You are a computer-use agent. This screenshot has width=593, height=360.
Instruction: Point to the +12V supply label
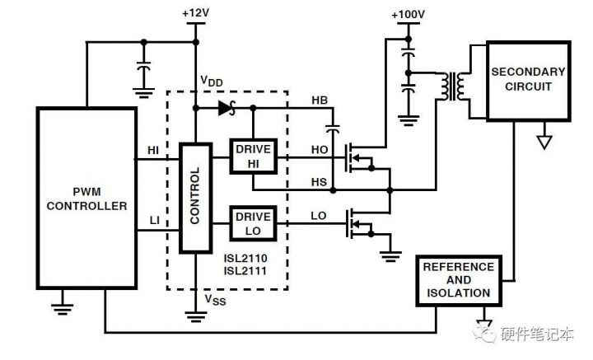click(x=194, y=14)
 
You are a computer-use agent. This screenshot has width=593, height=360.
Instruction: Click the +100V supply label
click(x=409, y=14)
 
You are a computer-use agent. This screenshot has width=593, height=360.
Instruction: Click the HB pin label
click(x=319, y=101)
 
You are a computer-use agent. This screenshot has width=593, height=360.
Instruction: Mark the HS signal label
click(x=319, y=180)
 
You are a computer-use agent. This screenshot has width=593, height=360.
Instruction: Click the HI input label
click(x=153, y=149)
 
